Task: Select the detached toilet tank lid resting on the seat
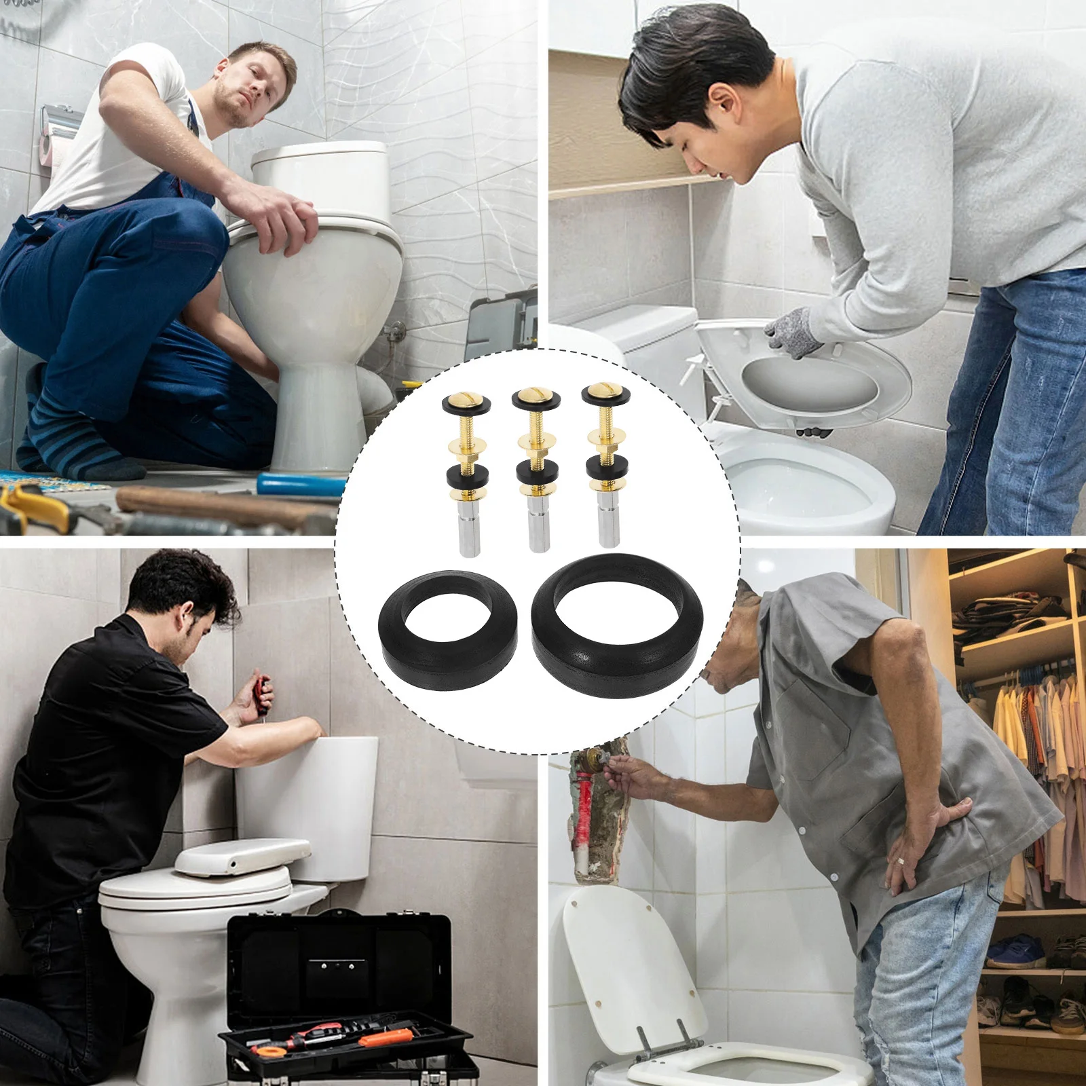tap(242, 857)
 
